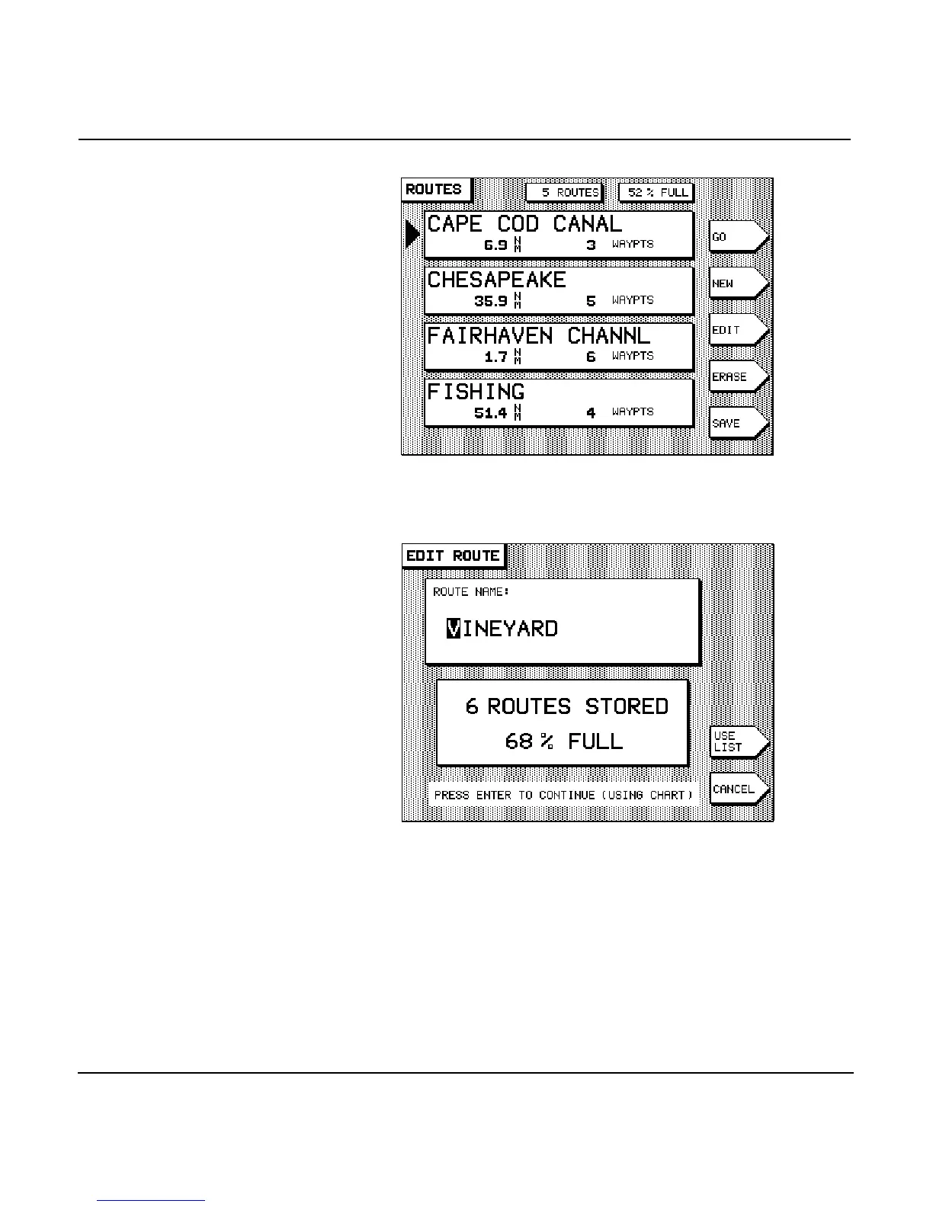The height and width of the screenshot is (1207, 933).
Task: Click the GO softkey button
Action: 736,237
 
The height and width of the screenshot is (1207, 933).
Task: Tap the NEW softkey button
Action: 736,283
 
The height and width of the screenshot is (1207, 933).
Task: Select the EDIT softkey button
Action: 736,330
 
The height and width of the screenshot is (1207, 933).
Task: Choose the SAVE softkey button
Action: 736,423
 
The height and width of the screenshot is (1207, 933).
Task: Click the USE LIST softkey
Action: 737,741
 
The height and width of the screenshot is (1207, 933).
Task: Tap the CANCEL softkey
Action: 737,789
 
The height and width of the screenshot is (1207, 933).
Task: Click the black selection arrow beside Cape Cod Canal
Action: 412,233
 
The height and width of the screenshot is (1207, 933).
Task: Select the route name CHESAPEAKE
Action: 496,280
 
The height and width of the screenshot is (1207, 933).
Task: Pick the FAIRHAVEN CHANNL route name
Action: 538,335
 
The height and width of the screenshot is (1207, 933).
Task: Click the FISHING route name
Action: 476,392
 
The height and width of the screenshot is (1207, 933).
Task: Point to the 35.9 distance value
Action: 490,301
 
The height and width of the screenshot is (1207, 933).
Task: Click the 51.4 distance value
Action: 490,413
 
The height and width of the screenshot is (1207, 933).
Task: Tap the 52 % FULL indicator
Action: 657,193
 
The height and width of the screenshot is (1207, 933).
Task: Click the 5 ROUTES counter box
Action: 565,193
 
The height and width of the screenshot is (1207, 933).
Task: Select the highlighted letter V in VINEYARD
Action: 454,629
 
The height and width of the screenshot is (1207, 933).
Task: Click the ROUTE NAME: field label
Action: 471,592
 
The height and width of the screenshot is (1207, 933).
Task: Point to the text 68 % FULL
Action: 563,741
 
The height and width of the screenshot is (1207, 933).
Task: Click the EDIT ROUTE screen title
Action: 453,555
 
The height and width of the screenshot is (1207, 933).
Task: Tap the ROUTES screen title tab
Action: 434,190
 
